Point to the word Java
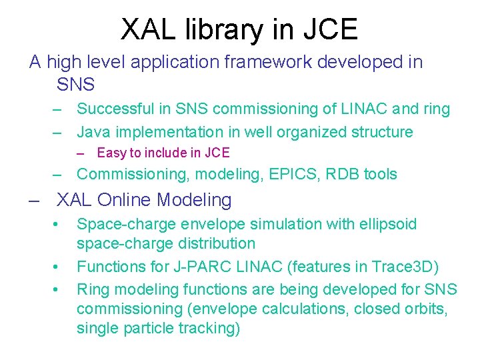[x=93, y=132]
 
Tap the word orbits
[x=425, y=309]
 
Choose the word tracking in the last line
[x=211, y=329]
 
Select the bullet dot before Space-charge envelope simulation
[x=59, y=225]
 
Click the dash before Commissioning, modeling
[x=59, y=175]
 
